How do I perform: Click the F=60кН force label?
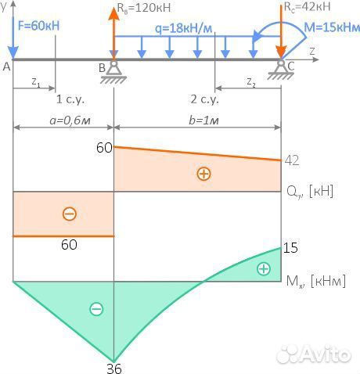point(39,26)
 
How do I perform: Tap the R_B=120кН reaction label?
point(144,8)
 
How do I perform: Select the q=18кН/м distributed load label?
point(184,28)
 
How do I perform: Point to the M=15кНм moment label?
point(332,27)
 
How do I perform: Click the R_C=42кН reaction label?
point(307,7)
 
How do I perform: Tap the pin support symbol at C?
point(281,70)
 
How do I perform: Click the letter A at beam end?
point(6,67)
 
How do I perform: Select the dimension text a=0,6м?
point(70,120)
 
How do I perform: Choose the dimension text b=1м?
point(203,120)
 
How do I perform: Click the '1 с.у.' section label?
point(70,99)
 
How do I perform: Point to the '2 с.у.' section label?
point(204,99)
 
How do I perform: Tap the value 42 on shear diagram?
point(292,160)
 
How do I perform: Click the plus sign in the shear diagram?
point(203,174)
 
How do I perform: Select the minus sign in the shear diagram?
point(70,214)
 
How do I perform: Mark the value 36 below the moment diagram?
point(114,369)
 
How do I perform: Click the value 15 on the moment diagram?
point(290,248)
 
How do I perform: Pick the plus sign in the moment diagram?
point(264,269)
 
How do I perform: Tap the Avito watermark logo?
point(314,354)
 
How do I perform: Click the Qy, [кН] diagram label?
point(310,192)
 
